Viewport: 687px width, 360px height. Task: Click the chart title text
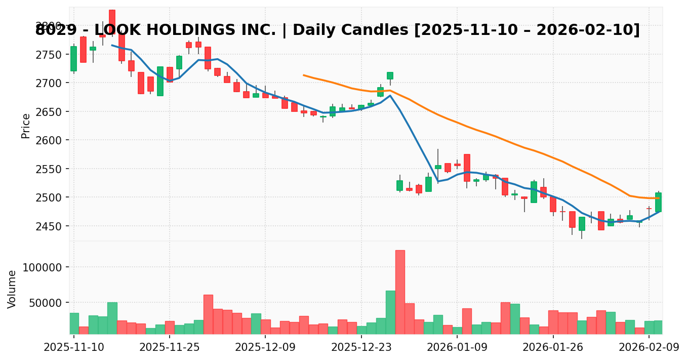337,30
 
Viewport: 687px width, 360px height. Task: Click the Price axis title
26,126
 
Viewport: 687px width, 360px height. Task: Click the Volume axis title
12,289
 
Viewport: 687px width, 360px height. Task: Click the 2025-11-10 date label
74,347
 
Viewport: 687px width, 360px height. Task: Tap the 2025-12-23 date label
361,347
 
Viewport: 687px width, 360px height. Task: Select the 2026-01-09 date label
457,347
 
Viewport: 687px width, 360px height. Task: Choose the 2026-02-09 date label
649,347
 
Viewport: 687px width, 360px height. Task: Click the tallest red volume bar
400,292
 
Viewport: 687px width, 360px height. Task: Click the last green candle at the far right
658,202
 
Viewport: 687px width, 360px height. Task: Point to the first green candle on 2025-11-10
74,59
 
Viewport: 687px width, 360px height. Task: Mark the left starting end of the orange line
304,75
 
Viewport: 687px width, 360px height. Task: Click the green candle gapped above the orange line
390,75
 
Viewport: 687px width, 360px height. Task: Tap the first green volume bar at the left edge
74,323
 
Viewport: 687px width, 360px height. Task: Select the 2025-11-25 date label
170,347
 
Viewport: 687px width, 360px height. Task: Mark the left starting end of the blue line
112,45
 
